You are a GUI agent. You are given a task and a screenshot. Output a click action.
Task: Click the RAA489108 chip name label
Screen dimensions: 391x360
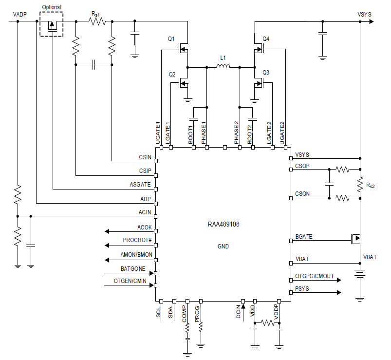[223, 224]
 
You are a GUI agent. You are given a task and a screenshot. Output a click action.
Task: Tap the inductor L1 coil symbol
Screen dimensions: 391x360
[223, 66]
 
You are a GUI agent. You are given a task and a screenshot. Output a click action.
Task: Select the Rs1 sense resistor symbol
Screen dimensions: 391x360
[97, 21]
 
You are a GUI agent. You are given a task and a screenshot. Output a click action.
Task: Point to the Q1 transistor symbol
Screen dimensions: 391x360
[183, 49]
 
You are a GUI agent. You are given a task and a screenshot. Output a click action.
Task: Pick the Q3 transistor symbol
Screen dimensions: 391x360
[259, 83]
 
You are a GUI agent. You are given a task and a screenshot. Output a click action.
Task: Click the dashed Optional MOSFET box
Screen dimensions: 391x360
[51, 24]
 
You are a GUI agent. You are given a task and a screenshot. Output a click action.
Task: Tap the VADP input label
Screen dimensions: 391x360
[19, 15]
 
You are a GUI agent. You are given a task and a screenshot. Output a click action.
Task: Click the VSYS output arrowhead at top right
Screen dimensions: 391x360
[372, 21]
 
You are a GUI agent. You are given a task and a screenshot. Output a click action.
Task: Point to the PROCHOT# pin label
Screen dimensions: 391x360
[137, 240]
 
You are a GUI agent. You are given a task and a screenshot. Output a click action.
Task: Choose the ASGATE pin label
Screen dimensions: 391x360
[140, 184]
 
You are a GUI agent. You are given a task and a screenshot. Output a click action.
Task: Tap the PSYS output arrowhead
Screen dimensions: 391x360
[339, 292]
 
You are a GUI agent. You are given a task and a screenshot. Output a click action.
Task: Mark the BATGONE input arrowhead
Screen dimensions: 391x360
[151, 273]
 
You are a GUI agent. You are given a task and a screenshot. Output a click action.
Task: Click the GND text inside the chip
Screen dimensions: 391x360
[223, 246]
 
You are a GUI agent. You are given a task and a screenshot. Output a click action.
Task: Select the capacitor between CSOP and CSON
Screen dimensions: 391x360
[330, 184]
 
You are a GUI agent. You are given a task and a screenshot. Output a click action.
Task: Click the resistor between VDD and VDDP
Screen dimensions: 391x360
[267, 323]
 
